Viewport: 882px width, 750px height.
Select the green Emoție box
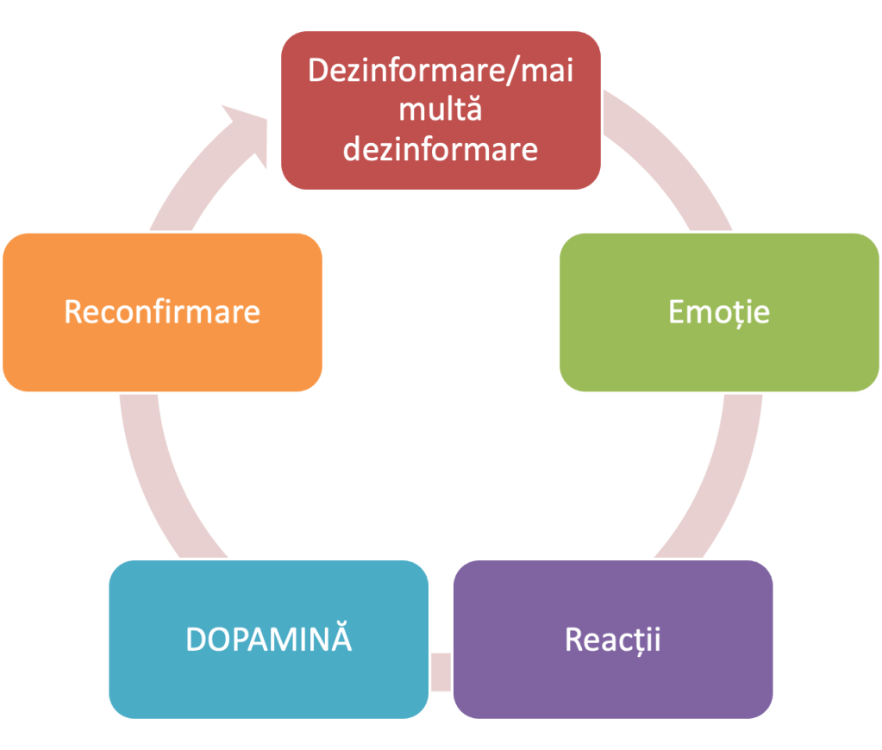(718, 311)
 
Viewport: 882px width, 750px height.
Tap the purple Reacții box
(612, 639)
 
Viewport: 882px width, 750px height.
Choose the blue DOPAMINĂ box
(269, 639)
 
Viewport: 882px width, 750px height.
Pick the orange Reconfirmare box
(162, 311)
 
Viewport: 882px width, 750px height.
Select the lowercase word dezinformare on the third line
(440, 148)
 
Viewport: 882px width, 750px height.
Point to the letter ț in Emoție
(740, 312)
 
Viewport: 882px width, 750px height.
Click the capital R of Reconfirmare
(73, 311)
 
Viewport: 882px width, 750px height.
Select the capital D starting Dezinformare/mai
(317, 71)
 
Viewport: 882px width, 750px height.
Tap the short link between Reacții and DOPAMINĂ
(441, 672)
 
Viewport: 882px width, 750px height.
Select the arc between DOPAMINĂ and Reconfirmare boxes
(155, 483)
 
